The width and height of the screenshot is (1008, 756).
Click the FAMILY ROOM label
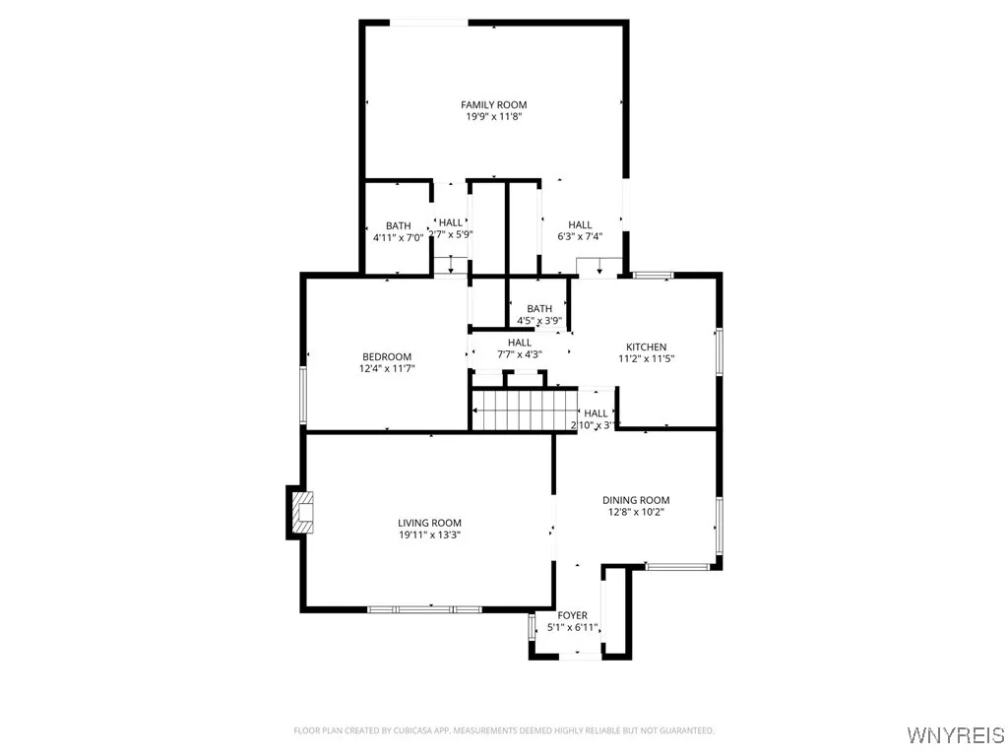493,104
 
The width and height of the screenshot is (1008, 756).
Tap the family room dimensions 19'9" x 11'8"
493,116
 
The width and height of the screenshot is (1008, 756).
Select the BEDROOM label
387,356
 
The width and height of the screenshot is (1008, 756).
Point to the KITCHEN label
647,346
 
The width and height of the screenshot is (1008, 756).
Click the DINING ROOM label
636,500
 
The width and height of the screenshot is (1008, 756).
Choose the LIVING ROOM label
429,523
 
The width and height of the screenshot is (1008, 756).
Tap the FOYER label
572,615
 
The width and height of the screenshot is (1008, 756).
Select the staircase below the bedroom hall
524,409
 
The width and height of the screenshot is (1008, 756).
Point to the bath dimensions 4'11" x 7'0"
398,237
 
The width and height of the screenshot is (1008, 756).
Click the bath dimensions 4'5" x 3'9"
539,320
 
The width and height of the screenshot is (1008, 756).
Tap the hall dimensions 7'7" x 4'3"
520,354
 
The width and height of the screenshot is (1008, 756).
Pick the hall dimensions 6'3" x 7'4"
580,236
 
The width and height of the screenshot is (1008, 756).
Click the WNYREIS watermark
956,734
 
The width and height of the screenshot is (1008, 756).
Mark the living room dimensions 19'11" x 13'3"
429,535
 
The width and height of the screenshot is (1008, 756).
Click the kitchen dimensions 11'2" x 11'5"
647,358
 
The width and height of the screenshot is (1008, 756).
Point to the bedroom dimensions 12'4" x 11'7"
387,368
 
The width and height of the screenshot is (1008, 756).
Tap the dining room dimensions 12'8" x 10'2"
636,512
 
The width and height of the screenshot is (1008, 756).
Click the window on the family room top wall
428,22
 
